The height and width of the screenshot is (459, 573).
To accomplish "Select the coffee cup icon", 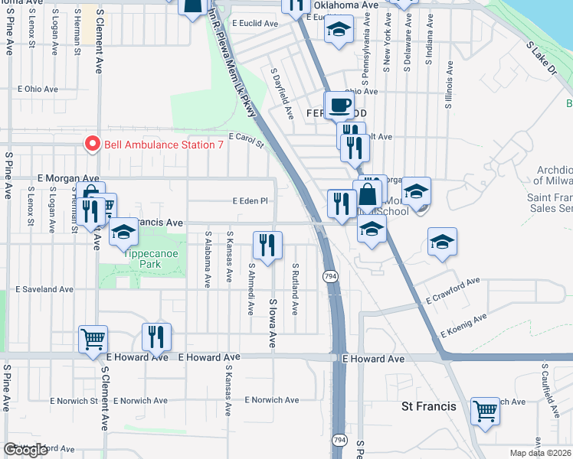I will pyautogui.click(x=339, y=105).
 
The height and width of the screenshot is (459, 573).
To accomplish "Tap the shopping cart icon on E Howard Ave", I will pyautogui.click(x=93, y=337).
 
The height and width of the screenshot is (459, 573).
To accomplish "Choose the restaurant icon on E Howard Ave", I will pyautogui.click(x=156, y=337).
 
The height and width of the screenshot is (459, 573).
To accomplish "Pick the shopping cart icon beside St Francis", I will pyautogui.click(x=485, y=412).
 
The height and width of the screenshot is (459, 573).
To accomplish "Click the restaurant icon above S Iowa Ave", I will pyautogui.click(x=267, y=246).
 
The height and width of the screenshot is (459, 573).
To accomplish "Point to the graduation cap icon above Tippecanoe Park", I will pyautogui.click(x=123, y=232).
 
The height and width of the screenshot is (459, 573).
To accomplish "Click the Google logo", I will pyautogui.click(x=25, y=450).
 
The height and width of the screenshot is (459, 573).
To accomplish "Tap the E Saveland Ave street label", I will pyautogui.click(x=44, y=290).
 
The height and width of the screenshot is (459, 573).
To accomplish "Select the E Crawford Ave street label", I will pyautogui.click(x=453, y=291).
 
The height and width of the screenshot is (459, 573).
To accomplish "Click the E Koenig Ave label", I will pyautogui.click(x=463, y=326).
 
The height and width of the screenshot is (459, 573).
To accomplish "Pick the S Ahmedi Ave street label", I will pyautogui.click(x=251, y=289).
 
